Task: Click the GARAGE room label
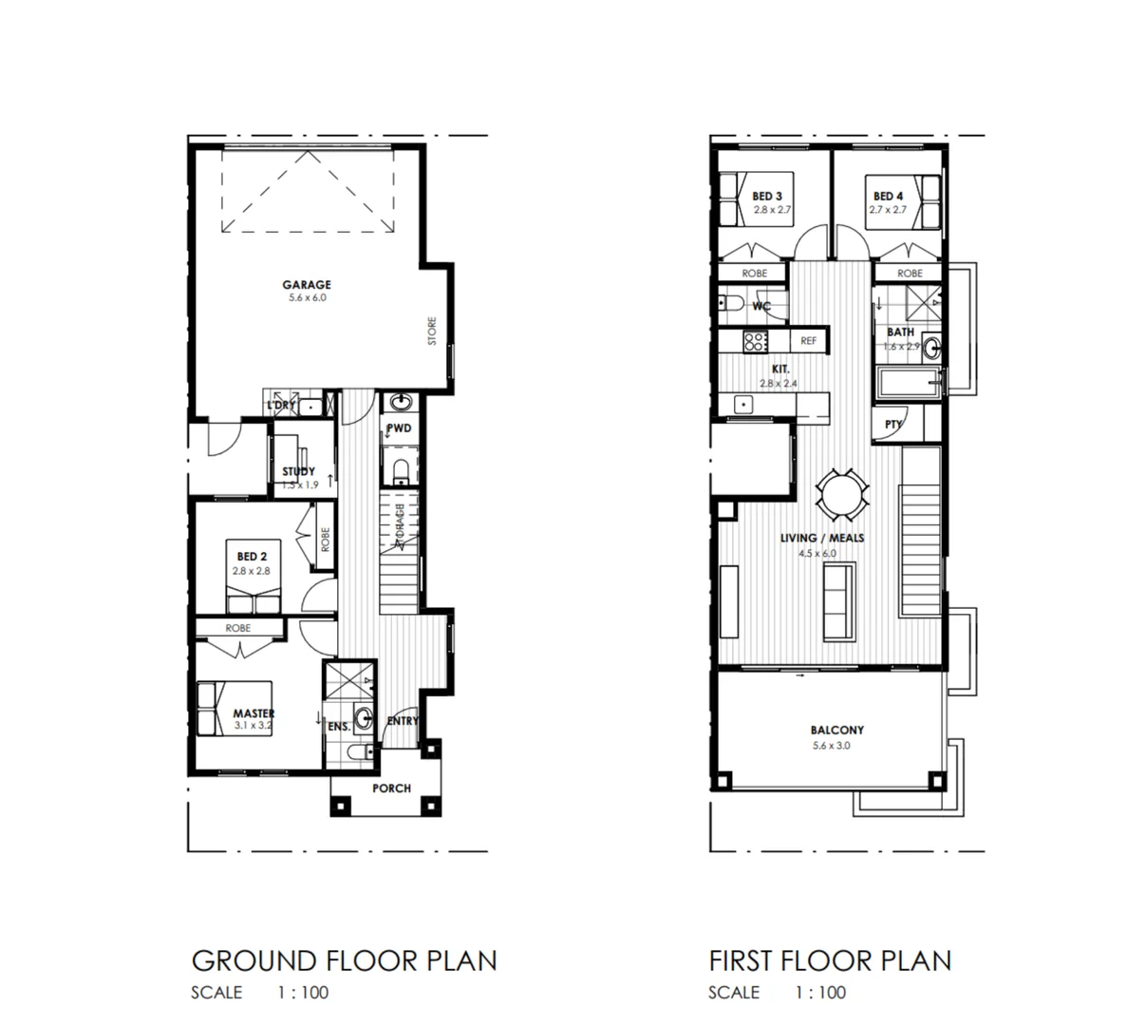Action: click(306, 284)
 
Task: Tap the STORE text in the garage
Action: click(432, 331)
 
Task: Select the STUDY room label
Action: click(298, 471)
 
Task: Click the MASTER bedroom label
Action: click(254, 713)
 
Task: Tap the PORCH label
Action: click(391, 788)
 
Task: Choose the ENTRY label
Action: click(403, 721)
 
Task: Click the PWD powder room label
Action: click(400, 428)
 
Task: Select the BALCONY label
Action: click(836, 731)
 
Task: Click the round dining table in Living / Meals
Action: click(842, 496)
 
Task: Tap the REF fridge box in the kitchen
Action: click(808, 340)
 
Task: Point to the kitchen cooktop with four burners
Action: click(756, 340)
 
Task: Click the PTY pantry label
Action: click(892, 425)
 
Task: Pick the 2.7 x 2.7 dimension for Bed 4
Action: click(887, 209)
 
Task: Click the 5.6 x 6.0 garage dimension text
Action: click(306, 297)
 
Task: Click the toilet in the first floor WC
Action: click(731, 305)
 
